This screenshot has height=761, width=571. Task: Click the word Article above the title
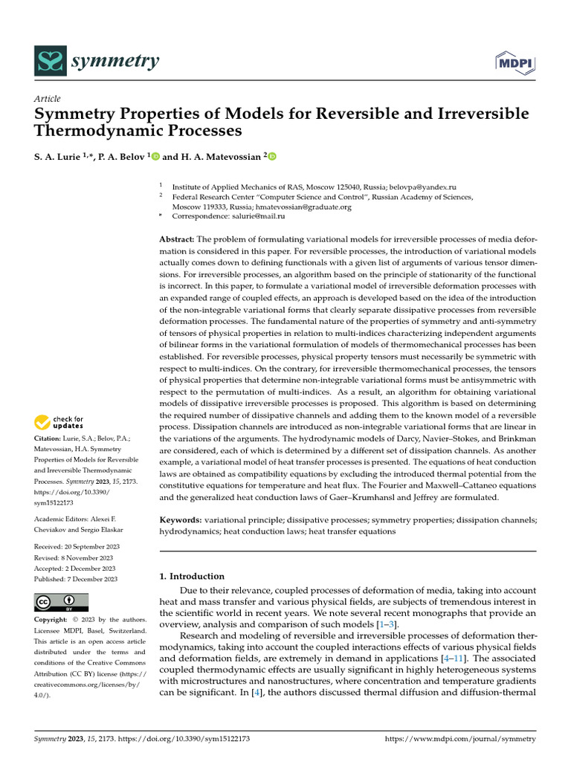[x=48, y=99]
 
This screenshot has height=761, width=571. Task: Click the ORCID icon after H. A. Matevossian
[x=271, y=156]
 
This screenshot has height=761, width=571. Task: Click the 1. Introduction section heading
[x=193, y=576]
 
